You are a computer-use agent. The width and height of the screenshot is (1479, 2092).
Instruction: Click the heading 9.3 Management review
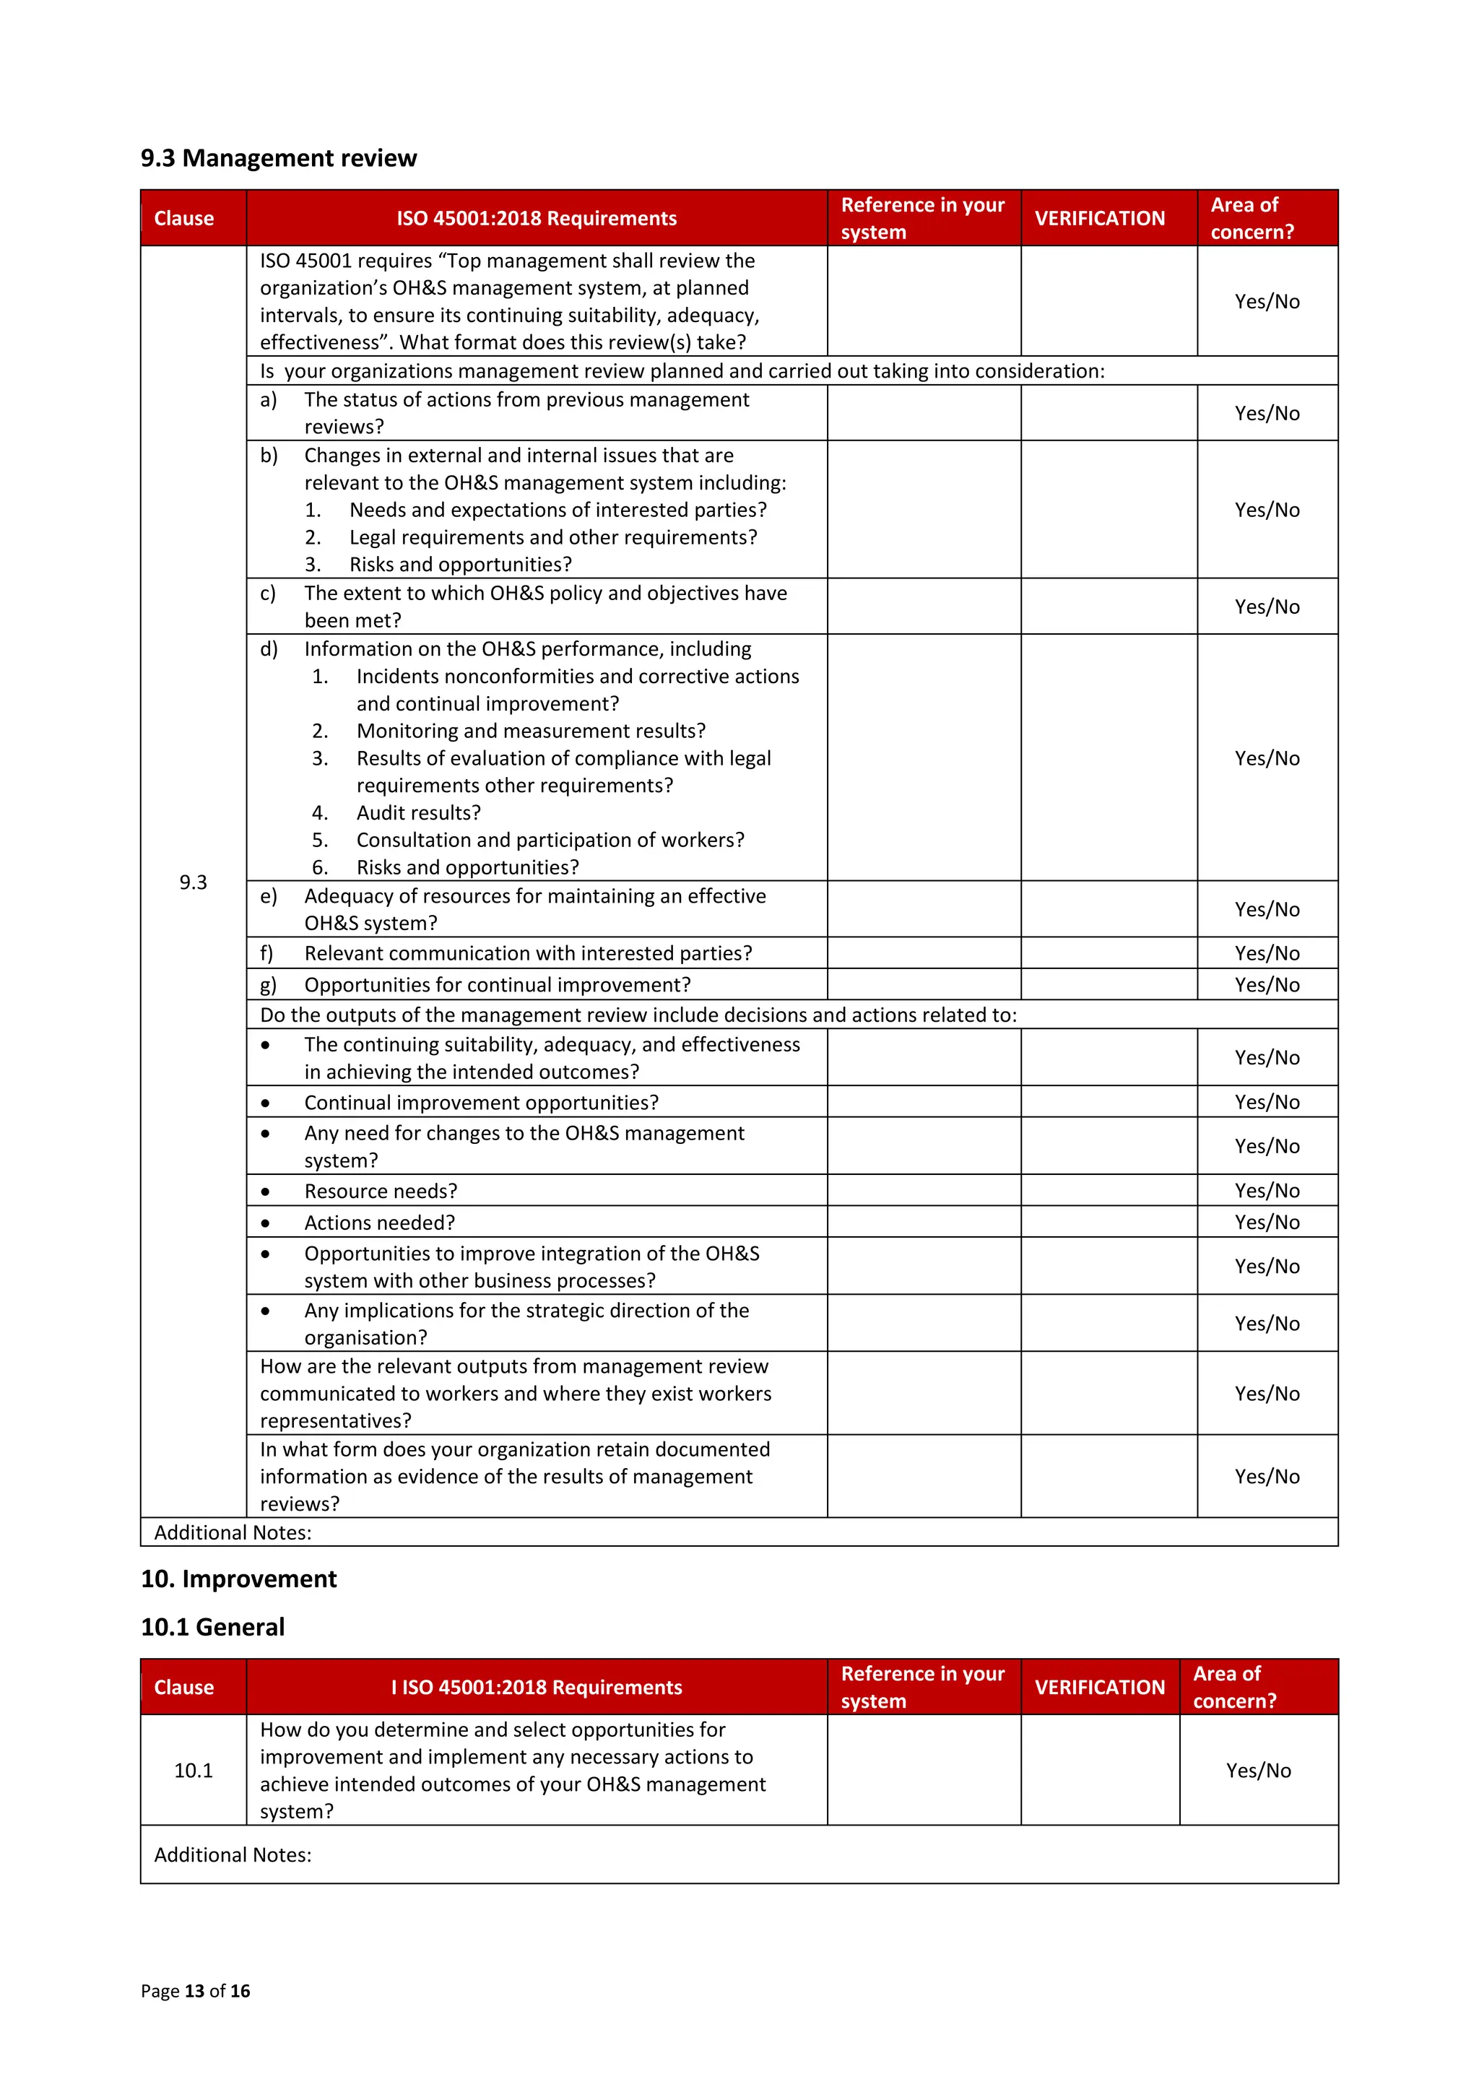point(278,159)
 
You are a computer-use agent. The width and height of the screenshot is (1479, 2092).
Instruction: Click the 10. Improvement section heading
point(239,1579)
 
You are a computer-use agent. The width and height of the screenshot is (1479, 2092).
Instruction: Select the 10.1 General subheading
point(212,1628)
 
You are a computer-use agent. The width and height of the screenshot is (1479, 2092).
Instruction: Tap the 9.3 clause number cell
point(194,882)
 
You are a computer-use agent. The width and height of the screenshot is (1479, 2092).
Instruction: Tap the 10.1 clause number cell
point(194,1771)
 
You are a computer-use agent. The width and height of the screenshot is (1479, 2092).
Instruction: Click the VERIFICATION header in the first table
point(1099,219)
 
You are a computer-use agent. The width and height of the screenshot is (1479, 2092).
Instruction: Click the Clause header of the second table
point(184,1688)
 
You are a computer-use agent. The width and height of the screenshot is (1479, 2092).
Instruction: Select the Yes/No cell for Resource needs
point(1267,1191)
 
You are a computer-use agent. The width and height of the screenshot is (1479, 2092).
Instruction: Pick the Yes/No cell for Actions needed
point(1267,1223)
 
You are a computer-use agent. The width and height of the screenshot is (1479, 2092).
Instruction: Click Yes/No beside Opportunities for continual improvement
point(1267,985)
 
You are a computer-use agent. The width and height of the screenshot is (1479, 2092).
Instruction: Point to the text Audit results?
point(418,812)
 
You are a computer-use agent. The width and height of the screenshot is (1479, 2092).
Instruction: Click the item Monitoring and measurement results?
point(530,731)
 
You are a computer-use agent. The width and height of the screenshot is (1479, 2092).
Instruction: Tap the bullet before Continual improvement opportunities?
point(265,1103)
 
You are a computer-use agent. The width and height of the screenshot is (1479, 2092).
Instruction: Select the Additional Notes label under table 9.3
point(233,1532)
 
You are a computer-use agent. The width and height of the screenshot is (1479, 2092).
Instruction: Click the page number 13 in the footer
point(194,1991)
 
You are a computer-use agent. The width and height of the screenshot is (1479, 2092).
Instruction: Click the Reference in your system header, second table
point(922,1688)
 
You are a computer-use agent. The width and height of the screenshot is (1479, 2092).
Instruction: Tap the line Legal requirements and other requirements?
point(552,537)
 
